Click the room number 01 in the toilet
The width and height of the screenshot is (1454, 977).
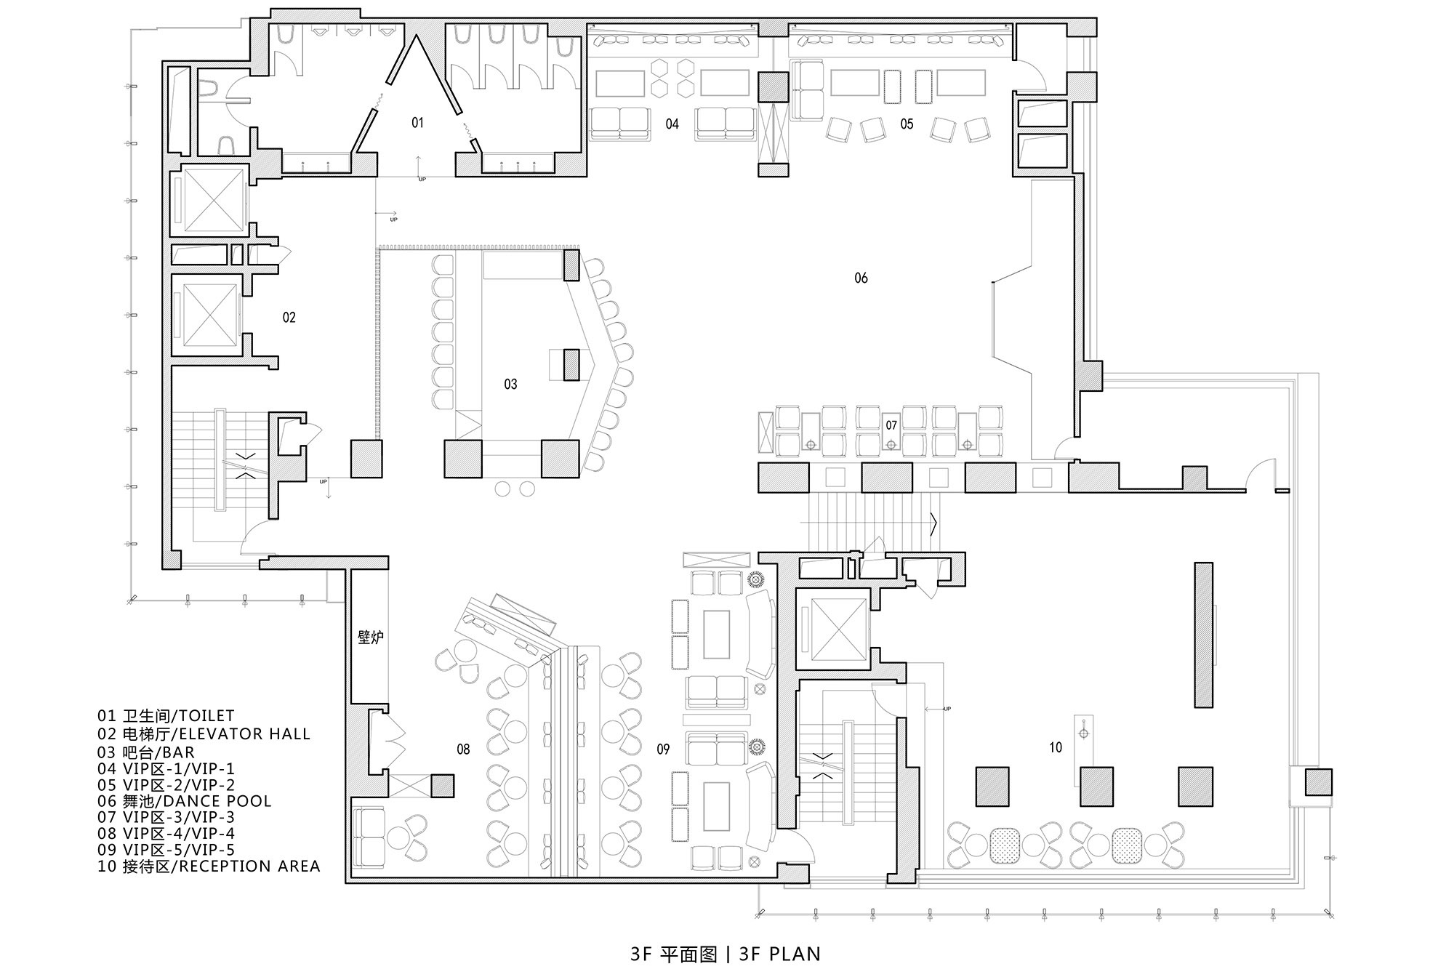(417, 123)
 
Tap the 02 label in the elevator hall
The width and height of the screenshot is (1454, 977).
(289, 317)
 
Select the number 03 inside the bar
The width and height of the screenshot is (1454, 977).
(510, 384)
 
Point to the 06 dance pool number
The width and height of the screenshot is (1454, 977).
(861, 278)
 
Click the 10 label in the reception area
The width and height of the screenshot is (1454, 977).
(1056, 747)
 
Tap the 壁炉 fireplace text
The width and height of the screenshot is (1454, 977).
(371, 638)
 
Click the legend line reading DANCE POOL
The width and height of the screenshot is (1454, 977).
(185, 801)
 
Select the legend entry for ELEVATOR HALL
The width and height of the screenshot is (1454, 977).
(204, 734)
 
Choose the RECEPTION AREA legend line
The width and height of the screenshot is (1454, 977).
(209, 866)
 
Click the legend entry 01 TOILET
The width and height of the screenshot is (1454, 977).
(166, 717)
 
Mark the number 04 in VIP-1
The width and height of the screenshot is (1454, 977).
(672, 124)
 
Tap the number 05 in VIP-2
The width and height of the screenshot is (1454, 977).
(907, 124)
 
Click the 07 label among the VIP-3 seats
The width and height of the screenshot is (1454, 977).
(891, 425)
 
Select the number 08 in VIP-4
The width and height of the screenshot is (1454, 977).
(463, 749)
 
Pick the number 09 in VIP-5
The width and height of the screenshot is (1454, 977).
(663, 749)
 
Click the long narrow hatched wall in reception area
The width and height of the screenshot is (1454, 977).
(1204, 635)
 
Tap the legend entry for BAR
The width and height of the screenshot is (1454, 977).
(146, 752)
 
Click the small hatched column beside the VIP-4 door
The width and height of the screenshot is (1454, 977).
(443, 786)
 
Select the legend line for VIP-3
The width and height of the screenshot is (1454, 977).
(166, 817)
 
